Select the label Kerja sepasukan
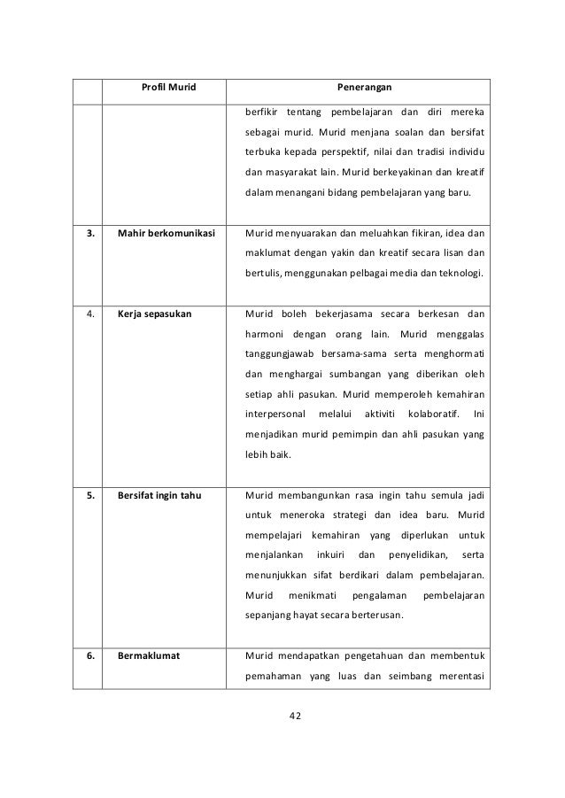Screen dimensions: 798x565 tap(151, 316)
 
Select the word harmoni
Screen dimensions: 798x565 tap(266, 336)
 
